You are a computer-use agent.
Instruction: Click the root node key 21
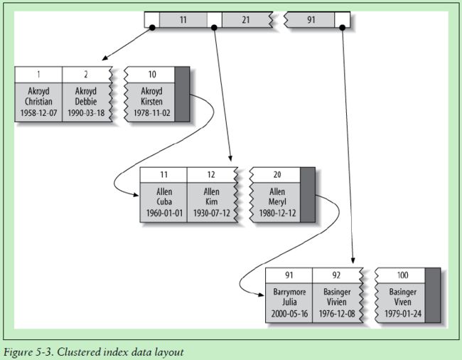click(246, 20)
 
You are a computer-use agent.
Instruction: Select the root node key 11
click(183, 20)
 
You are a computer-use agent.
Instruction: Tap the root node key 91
click(311, 20)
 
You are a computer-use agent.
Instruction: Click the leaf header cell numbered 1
click(38, 74)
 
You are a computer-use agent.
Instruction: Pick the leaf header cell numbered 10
click(152, 74)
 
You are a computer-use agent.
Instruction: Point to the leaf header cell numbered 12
click(211, 174)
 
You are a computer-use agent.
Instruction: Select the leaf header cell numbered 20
click(277, 174)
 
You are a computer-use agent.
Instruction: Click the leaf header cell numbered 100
click(402, 275)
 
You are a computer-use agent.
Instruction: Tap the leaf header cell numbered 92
click(336, 275)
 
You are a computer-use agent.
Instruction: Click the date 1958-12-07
click(38, 113)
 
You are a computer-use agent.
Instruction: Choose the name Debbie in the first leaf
click(86, 102)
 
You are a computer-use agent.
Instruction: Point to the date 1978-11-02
click(152, 113)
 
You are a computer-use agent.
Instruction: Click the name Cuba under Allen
click(164, 201)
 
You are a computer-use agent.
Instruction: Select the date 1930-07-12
click(211, 213)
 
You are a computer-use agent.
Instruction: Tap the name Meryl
click(277, 202)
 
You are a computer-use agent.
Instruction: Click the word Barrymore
click(289, 292)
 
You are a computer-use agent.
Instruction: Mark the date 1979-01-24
click(402, 314)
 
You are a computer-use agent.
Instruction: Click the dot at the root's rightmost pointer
click(342, 28)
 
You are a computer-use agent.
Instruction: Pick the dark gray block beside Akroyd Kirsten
click(182, 94)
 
